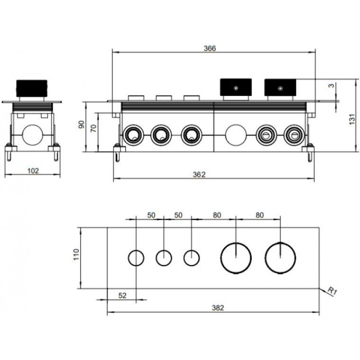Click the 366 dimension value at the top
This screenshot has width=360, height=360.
[210, 49]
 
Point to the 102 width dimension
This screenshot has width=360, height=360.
[33, 171]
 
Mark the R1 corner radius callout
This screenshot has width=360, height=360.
[332, 291]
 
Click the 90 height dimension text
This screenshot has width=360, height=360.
[81, 124]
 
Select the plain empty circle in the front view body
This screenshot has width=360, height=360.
[235, 135]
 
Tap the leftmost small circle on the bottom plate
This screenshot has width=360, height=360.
[135, 258]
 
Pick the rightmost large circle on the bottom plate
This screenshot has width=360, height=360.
[280, 258]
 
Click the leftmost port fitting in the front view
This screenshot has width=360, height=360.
[133, 135]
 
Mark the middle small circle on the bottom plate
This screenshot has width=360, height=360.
[164, 258]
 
